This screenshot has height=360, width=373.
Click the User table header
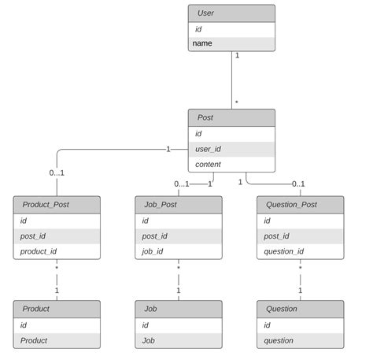click(x=231, y=13)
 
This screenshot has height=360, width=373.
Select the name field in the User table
click(x=231, y=43)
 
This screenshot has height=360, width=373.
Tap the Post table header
click(x=231, y=117)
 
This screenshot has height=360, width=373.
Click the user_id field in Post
click(x=231, y=149)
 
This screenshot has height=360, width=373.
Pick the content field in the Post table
click(x=231, y=164)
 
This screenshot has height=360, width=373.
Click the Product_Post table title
click(x=57, y=204)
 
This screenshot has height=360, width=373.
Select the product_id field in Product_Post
click(x=57, y=251)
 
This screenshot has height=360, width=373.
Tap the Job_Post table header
click(x=178, y=204)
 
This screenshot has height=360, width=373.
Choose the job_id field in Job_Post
click(x=178, y=251)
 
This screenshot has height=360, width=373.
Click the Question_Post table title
click(x=300, y=204)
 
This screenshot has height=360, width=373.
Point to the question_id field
click(x=300, y=251)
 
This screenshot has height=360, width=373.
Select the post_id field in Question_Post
click(x=300, y=236)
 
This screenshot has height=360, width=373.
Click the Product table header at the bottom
click(x=57, y=309)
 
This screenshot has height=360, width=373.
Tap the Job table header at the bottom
click(x=178, y=309)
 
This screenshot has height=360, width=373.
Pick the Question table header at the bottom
click(x=300, y=309)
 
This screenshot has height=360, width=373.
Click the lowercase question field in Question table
click(x=300, y=340)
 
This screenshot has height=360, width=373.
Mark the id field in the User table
click(x=231, y=28)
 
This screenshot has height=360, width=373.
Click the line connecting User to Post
click(x=231, y=80)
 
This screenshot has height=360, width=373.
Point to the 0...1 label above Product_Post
click(x=57, y=173)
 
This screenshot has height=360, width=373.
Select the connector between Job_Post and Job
click(x=178, y=280)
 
